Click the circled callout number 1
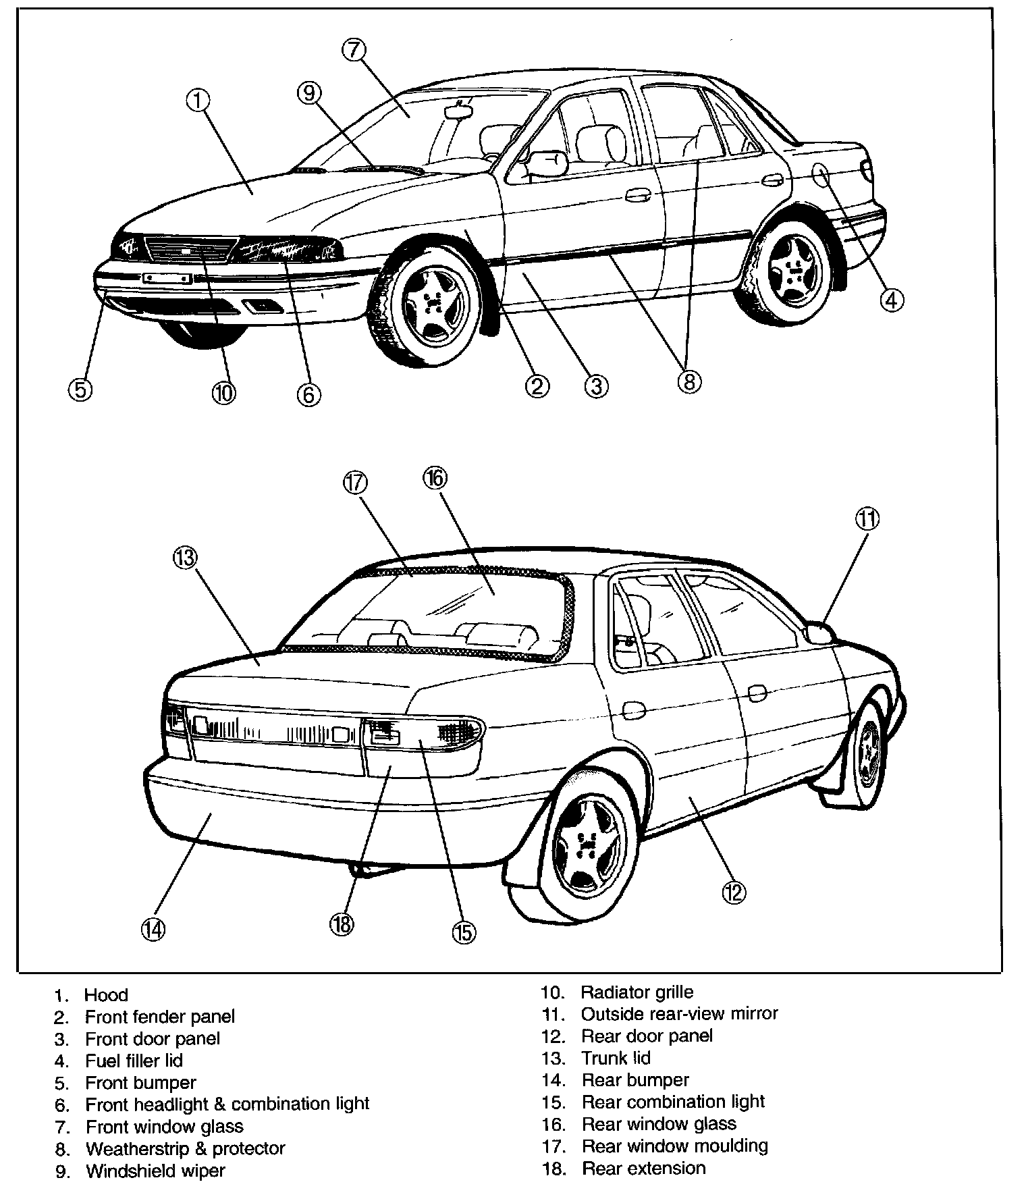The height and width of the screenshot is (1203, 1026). coord(197,101)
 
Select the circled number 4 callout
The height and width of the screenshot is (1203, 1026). coord(891,300)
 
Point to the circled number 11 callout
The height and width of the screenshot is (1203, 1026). coord(867,519)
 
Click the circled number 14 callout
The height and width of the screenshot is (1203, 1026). coord(153,930)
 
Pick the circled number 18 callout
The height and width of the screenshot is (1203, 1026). coord(342,924)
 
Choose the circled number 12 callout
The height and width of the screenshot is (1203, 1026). coord(733,892)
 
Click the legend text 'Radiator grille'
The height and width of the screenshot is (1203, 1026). coord(637,992)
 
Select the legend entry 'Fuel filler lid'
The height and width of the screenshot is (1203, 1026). coord(134,1061)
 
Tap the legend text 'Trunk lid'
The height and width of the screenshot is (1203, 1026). coord(616,1058)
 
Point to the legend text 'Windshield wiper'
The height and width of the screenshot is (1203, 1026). coord(155,1171)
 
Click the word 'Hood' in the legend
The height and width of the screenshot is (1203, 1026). coord(106,995)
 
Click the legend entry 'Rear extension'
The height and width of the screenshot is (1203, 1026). coord(643,1168)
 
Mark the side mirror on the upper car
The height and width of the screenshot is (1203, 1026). coord(547,163)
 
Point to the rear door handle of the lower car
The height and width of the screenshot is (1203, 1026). coord(633,710)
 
